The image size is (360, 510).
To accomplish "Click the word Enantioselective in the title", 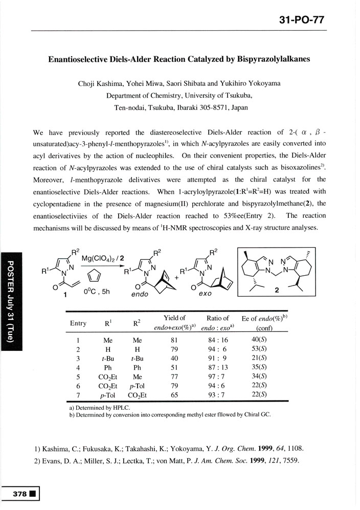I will (81, 59).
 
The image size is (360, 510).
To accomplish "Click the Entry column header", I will (78, 323).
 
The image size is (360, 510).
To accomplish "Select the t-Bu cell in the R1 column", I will (108, 359).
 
